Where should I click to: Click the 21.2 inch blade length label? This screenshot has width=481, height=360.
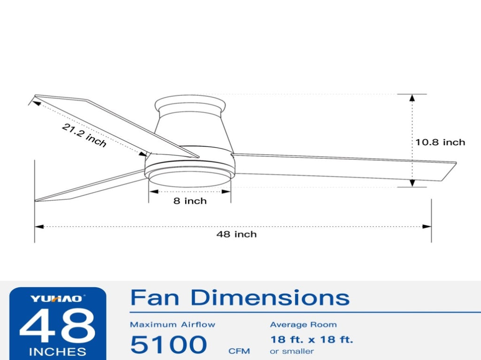point(84,135)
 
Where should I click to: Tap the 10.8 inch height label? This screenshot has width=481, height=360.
point(440,142)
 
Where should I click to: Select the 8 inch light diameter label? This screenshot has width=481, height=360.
point(190,201)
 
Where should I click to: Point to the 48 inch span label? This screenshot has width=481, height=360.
point(237,235)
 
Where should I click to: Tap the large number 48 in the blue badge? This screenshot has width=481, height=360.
point(57,326)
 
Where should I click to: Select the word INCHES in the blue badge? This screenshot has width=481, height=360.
point(57,352)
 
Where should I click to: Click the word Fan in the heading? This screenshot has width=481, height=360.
point(155,297)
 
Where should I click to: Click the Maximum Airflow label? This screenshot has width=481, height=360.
point(173,325)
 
